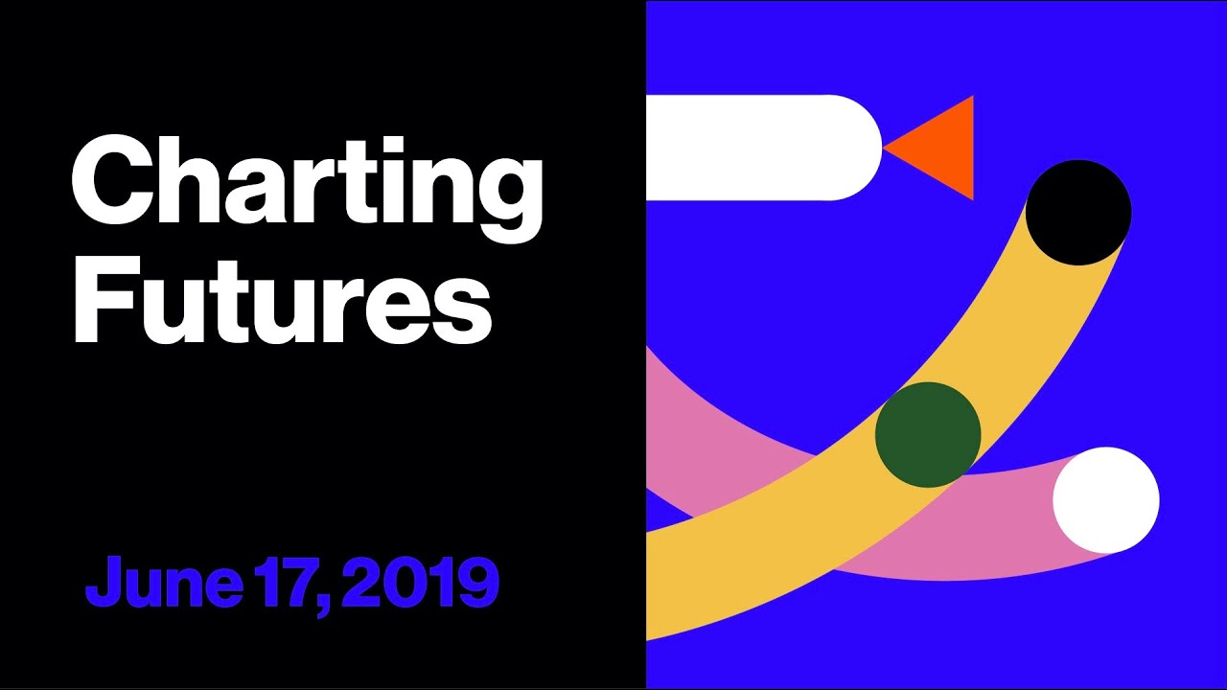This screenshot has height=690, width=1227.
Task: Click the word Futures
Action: (x=283, y=301)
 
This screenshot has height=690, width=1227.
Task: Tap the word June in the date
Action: (x=164, y=582)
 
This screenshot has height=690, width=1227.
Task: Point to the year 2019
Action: (x=421, y=582)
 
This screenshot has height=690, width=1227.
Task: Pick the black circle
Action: (x=1078, y=213)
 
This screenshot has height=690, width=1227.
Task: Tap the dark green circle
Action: (x=928, y=435)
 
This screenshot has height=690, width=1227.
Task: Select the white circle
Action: (x=1106, y=500)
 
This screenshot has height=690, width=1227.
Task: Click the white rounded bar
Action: (x=764, y=148)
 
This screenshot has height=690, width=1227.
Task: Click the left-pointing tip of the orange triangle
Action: (x=883, y=148)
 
